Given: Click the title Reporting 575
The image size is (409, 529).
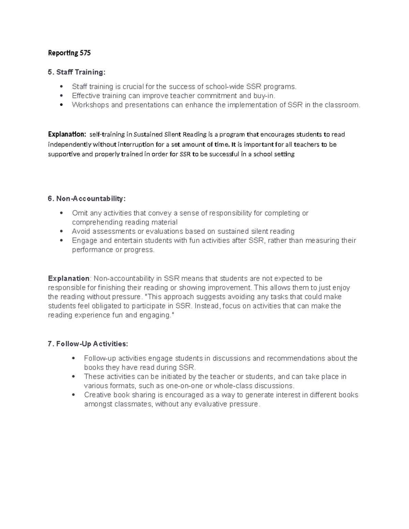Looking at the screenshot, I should pyautogui.click(x=69, y=53).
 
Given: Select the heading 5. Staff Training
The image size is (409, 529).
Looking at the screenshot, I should pyautogui.click(x=77, y=72).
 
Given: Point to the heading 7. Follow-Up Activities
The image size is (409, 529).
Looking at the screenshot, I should pyautogui.click(x=88, y=344).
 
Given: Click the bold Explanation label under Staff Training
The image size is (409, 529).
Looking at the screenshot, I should pyautogui.click(x=67, y=134).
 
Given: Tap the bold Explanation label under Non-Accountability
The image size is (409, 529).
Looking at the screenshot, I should pyautogui.click(x=69, y=278).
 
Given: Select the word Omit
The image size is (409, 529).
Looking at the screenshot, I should pyautogui.click(x=79, y=213).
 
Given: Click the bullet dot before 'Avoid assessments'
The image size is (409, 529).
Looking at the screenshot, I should pyautogui.click(x=61, y=231).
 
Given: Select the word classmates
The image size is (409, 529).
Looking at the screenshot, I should pyautogui.click(x=133, y=404).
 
